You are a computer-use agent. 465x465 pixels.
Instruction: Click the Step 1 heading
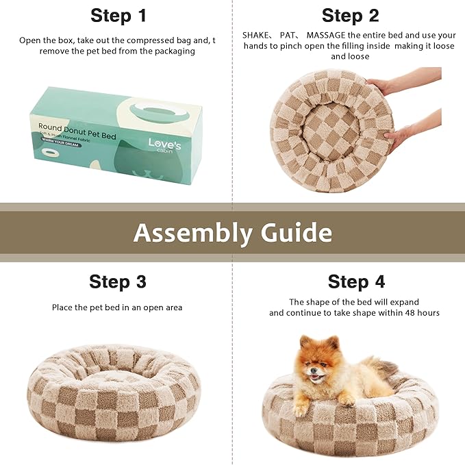[118, 16]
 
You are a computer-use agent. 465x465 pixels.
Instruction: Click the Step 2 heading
[350, 16]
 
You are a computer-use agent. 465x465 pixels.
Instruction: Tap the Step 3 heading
[118, 281]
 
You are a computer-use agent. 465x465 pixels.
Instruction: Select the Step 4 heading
[356, 281]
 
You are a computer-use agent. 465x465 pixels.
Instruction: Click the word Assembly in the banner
[192, 233]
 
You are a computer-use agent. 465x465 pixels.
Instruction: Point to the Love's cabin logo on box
[165, 145]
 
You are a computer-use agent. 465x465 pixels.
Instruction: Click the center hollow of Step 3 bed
[113, 373]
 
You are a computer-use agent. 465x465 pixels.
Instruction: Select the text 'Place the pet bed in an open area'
[117, 307]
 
